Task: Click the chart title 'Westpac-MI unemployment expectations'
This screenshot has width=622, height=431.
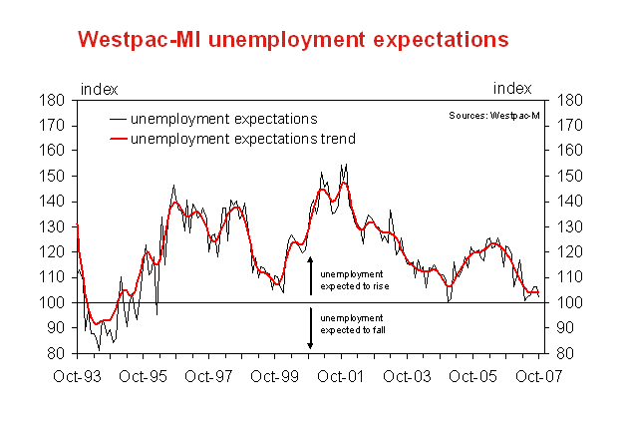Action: click(293, 39)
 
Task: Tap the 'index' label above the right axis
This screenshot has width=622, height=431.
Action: click(512, 88)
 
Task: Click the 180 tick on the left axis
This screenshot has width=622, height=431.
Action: click(58, 100)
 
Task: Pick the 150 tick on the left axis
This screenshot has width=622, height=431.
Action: click(58, 176)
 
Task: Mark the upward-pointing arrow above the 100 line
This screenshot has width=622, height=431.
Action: click(311, 275)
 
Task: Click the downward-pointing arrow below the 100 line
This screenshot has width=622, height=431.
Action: click(311, 328)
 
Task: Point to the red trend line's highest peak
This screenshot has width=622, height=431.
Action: click(344, 184)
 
